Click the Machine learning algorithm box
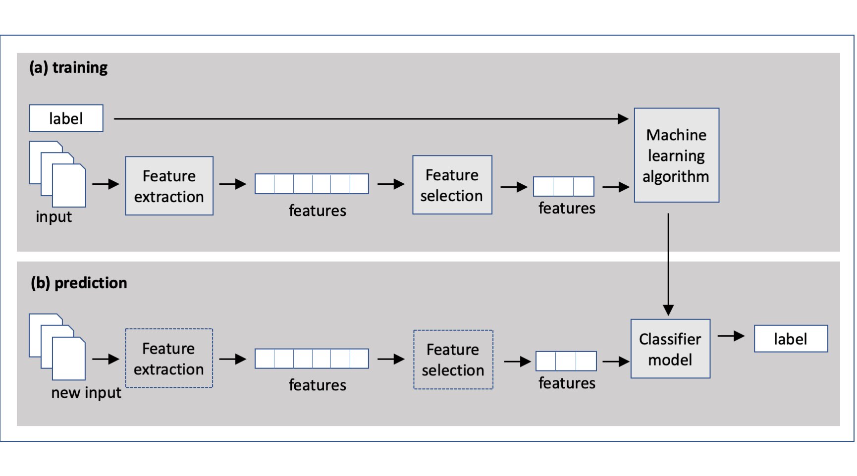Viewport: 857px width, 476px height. pos(676,155)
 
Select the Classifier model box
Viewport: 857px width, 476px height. pos(670,349)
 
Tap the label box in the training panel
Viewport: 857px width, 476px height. pos(66,118)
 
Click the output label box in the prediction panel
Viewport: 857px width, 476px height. pos(791,339)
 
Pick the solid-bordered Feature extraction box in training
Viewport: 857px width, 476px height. pos(169,186)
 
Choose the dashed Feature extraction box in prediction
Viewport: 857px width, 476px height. pos(169,358)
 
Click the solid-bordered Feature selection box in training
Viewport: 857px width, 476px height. pos(452,185)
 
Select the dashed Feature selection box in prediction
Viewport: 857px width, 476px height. pos(453,360)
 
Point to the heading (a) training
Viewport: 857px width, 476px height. pos(68,67)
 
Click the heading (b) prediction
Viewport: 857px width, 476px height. pos(79,283)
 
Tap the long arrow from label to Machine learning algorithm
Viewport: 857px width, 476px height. pos(371,119)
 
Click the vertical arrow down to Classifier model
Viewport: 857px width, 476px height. pos(668,264)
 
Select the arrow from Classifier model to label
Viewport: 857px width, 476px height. pos(731,336)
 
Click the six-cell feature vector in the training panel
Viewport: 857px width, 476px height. pos(312,184)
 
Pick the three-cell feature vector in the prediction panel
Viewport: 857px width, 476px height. pos(566,361)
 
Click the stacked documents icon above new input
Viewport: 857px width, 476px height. pos(57,347)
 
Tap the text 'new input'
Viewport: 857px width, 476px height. pos(86,392)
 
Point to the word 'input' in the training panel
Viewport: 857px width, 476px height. pos(54,217)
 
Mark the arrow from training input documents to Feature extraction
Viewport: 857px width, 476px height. pos(106,184)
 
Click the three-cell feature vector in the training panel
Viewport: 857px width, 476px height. pos(564,186)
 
